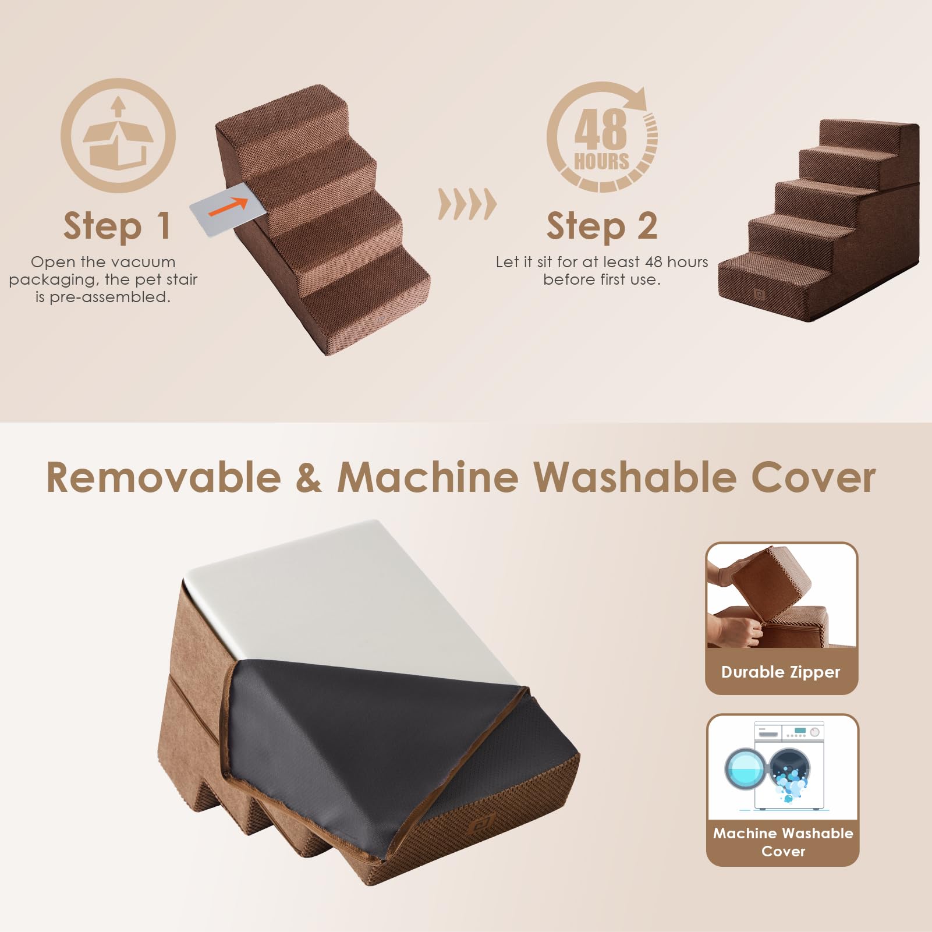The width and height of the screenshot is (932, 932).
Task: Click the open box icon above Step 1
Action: point(118,136)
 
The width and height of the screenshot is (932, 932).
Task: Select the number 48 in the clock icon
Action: point(600,129)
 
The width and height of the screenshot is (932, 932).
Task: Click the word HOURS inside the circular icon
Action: point(601,161)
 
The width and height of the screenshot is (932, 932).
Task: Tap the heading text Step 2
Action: point(602,226)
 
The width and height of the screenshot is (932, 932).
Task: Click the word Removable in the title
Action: point(163,477)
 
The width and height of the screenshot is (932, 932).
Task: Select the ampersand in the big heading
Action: point(308,477)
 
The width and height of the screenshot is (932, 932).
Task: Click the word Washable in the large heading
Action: point(635,477)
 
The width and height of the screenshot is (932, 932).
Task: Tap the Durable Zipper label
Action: point(781,672)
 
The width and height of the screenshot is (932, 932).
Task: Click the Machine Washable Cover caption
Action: point(783,842)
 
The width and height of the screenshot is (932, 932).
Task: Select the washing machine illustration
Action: point(783,767)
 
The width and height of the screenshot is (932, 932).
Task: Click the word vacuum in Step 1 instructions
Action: point(147,262)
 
